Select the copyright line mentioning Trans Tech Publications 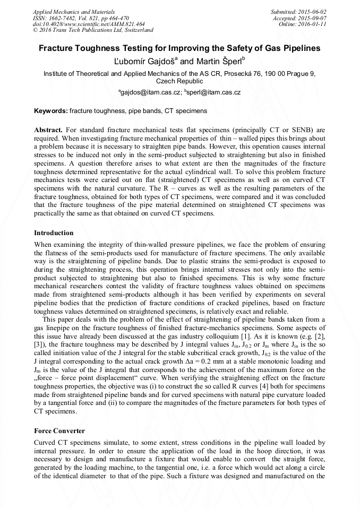pyautogui.click(x=93, y=30)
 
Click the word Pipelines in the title pyautogui.click(x=301, y=48)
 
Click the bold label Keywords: pyautogui.click(x=51, y=111)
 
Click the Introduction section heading pyautogui.click(x=54, y=233)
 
